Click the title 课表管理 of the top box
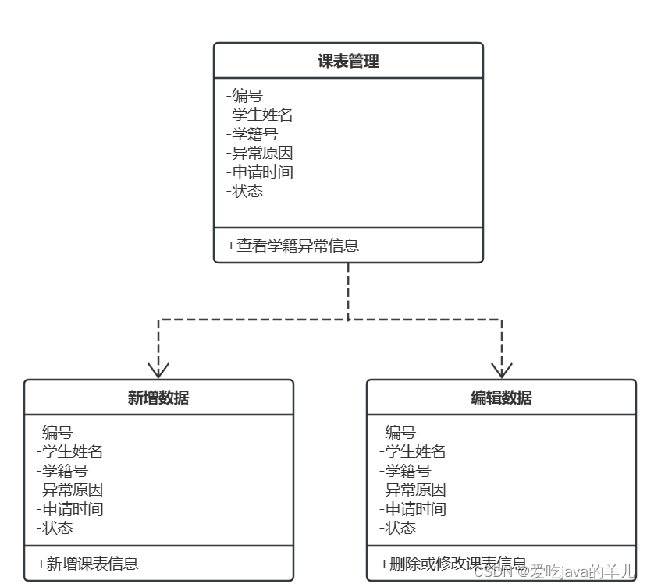point(348,62)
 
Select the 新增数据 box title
point(158,398)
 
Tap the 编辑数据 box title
point(501,398)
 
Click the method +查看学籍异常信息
point(293,246)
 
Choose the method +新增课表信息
point(87,564)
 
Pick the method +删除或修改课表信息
point(453,564)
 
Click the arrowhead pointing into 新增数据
point(158,369)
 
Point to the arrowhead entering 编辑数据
point(501,369)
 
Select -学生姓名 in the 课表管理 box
point(259,115)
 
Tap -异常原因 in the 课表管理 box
point(259,153)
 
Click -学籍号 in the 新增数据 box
point(62,471)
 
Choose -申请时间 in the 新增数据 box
point(69,509)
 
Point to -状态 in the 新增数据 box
point(55,528)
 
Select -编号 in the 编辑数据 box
point(397,433)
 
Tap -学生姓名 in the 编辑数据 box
point(412,451)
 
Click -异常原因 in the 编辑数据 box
point(412,490)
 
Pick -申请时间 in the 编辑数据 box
point(412,509)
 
